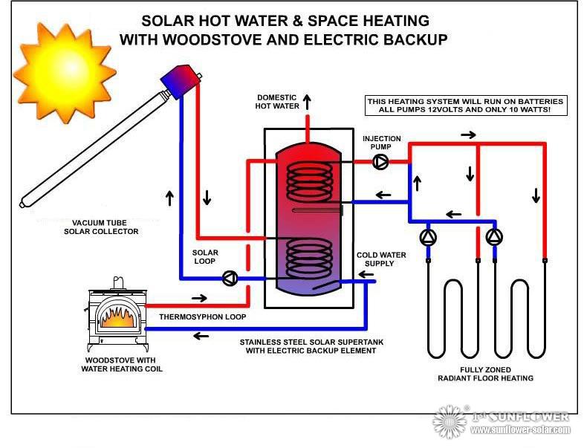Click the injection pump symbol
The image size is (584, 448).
(x=380, y=161)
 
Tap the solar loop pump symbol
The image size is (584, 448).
(x=230, y=278)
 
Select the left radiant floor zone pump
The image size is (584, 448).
(x=429, y=237)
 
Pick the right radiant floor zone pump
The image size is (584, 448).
(x=494, y=237)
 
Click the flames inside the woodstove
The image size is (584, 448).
(x=120, y=317)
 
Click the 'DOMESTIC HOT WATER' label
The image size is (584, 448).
(x=278, y=102)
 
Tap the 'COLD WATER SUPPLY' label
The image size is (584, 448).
(x=381, y=259)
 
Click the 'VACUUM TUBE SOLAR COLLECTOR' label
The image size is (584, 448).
(x=106, y=227)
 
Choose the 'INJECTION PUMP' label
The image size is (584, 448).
(x=382, y=143)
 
